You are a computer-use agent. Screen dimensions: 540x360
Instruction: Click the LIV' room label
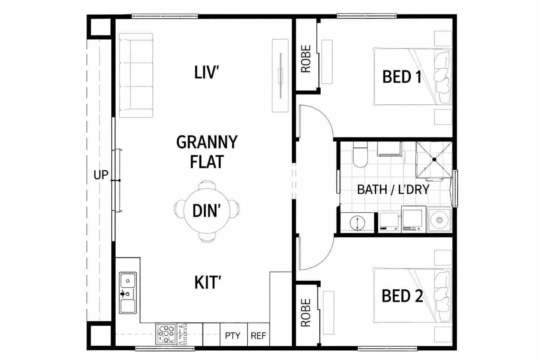(206, 72)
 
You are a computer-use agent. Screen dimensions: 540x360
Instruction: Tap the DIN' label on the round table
(207, 211)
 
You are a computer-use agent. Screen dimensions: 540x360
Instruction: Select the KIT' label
(208, 282)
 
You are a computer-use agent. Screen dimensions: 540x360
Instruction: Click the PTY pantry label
(233, 336)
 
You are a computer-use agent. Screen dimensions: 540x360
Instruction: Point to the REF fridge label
(258, 336)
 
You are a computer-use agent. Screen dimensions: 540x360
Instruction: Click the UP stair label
(101, 175)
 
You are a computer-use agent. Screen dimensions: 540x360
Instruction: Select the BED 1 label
(402, 77)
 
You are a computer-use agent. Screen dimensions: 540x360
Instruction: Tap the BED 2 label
(402, 296)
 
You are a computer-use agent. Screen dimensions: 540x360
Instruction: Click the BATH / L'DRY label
(393, 189)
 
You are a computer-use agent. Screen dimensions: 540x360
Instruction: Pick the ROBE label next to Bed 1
(306, 59)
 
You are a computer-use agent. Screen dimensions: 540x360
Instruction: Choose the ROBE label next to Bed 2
(306, 313)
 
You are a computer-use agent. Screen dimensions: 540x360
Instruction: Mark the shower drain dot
(434, 159)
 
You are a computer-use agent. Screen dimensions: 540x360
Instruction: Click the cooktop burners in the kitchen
(166, 334)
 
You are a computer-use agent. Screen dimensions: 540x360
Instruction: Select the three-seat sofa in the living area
(136, 76)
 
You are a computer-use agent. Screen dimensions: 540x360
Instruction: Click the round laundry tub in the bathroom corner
(439, 220)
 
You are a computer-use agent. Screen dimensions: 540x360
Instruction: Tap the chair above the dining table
(207, 185)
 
